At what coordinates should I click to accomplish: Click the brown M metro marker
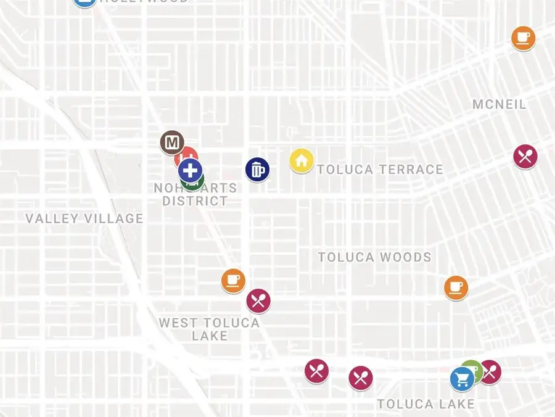(171, 142)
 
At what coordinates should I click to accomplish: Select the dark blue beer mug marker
(257, 170)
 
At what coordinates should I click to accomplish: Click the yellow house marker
(302, 161)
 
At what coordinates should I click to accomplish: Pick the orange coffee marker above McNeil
(523, 38)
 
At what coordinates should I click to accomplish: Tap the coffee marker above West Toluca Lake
(233, 281)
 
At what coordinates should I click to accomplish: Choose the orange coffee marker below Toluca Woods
(456, 287)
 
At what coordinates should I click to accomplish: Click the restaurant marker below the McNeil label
(525, 156)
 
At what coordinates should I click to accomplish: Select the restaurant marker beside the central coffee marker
(258, 301)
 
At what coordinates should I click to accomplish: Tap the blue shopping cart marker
(462, 379)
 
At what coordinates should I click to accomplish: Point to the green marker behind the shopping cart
(472, 368)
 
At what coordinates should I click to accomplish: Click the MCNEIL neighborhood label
(499, 104)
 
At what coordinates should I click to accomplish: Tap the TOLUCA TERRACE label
(380, 170)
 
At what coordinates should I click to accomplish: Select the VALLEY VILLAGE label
(84, 218)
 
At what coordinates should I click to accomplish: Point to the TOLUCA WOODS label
(374, 257)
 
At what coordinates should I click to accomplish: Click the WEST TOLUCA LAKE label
(209, 329)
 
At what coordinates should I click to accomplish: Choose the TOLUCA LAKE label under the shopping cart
(425, 405)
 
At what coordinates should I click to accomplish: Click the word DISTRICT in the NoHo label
(194, 201)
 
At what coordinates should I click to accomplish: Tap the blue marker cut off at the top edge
(84, 2)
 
